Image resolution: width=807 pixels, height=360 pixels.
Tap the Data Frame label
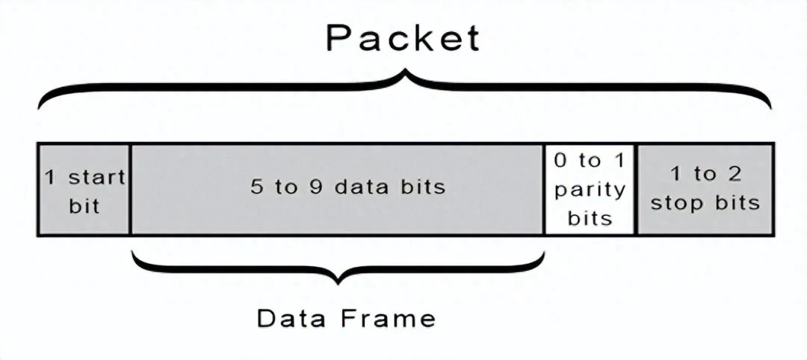tap(346, 318)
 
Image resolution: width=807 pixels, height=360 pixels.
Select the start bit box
tap(84, 190)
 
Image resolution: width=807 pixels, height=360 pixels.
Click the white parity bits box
tap(590, 190)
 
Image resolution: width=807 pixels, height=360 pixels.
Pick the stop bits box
tap(705, 190)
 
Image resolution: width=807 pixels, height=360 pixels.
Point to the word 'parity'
tap(590, 190)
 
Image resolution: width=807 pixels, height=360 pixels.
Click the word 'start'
tap(96, 178)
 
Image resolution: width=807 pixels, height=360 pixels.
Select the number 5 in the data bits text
tap(257, 187)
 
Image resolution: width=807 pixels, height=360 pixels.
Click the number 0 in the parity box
tap(561, 161)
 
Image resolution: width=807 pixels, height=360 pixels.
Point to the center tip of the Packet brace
tap(405, 75)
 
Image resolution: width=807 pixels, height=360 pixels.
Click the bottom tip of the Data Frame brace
tap(340, 282)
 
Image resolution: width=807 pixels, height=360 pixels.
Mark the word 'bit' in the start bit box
tap(84, 205)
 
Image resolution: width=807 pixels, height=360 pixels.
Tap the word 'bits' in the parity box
tap(590, 218)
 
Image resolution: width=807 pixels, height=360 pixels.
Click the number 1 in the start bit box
tap(49, 178)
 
